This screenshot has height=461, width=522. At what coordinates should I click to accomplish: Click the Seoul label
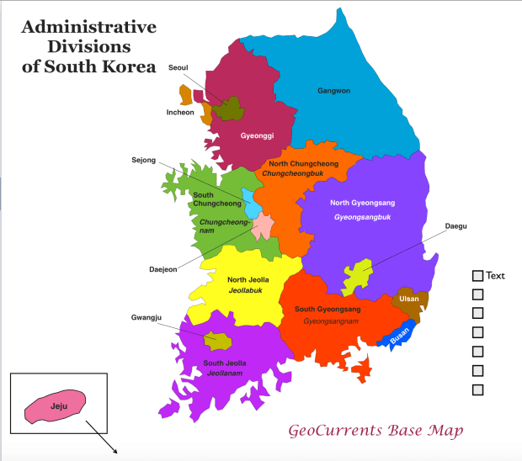[x=178, y=67]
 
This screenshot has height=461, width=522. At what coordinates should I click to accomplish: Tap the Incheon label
[x=180, y=112]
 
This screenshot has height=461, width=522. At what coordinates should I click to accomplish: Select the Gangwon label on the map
[x=333, y=90]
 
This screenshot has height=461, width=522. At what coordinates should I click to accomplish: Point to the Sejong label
[x=144, y=160]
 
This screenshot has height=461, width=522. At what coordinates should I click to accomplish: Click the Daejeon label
[x=163, y=269]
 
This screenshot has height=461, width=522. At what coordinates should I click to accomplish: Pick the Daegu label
[x=456, y=226]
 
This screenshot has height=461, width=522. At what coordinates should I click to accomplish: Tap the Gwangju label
[x=146, y=317]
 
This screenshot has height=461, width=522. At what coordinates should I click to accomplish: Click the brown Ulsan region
[x=410, y=301]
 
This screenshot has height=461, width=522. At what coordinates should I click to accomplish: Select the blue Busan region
[x=399, y=336]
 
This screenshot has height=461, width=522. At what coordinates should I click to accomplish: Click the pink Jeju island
[x=56, y=405]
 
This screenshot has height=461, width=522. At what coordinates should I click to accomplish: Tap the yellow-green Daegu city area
[x=357, y=275]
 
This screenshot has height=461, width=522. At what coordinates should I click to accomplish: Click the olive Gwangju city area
[x=219, y=341]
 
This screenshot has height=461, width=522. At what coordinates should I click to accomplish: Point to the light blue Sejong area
[x=250, y=200]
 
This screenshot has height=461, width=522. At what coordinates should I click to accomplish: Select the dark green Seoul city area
[x=228, y=109]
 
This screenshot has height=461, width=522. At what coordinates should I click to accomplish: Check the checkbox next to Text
[x=477, y=276]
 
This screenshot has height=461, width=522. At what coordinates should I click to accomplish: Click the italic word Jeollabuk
[x=248, y=290]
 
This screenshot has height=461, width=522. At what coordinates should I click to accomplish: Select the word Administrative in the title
[x=88, y=27]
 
